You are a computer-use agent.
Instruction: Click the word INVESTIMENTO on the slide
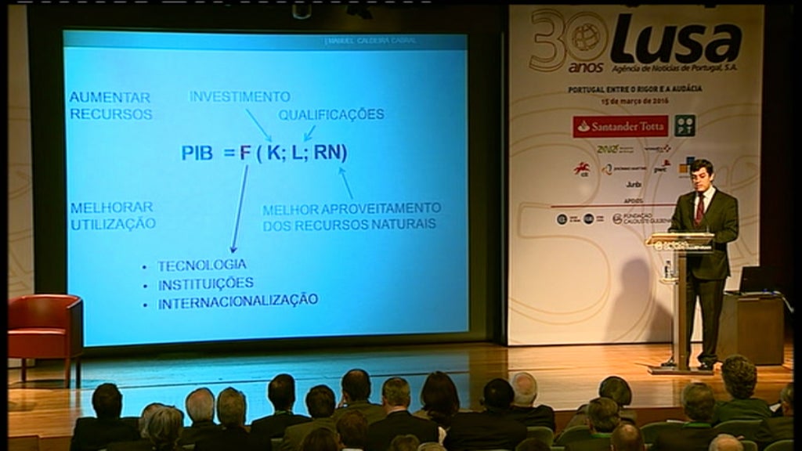(x=240, y=97)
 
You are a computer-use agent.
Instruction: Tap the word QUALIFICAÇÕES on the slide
(x=331, y=114)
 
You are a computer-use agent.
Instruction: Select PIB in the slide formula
(x=197, y=153)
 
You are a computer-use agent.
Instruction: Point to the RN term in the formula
(x=328, y=153)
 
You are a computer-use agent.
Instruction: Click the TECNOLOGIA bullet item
(x=202, y=265)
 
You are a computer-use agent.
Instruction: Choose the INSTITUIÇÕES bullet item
(x=206, y=283)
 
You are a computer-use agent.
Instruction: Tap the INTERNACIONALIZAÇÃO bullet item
(x=238, y=301)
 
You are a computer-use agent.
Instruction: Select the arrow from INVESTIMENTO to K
(x=258, y=124)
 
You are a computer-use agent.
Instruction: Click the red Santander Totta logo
(x=620, y=126)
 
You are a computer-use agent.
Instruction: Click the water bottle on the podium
(x=667, y=269)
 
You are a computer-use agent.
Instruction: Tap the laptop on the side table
(x=754, y=280)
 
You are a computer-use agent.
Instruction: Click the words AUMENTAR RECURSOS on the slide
(x=110, y=106)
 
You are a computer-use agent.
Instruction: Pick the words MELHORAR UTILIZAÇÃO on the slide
(x=112, y=215)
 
